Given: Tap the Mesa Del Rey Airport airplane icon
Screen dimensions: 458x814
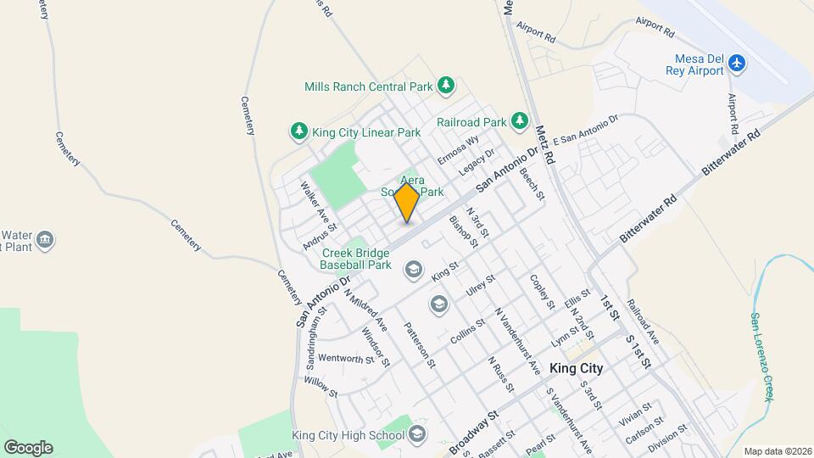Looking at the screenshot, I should click(x=738, y=64).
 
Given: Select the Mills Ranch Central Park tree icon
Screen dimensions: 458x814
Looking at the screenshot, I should click(x=446, y=86).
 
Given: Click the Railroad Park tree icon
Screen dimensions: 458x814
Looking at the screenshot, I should click(x=519, y=122).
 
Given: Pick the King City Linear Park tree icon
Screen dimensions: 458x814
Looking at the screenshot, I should click(x=298, y=131).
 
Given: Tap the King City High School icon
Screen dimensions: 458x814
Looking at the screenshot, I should click(x=416, y=435).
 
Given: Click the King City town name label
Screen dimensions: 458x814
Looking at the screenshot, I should click(x=576, y=368).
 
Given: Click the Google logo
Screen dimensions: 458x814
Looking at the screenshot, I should click(x=28, y=448).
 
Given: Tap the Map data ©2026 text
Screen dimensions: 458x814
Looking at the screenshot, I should click(x=778, y=451).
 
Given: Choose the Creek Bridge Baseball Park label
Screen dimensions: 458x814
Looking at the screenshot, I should click(x=355, y=259).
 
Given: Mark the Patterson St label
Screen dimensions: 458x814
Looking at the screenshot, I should click(x=420, y=345).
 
